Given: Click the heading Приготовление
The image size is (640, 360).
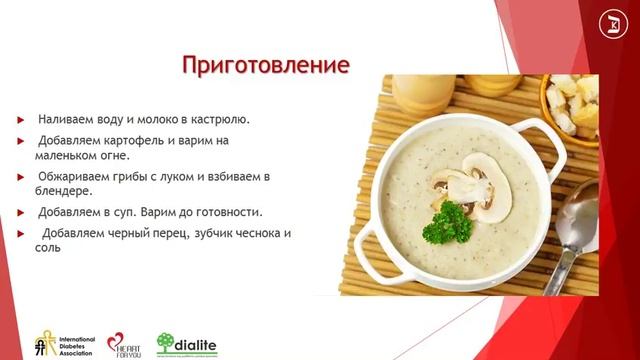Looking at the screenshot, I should point(265,66).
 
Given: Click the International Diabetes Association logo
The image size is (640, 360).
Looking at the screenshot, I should point(61,343).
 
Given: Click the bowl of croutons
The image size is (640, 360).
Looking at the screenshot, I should point(571,104).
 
